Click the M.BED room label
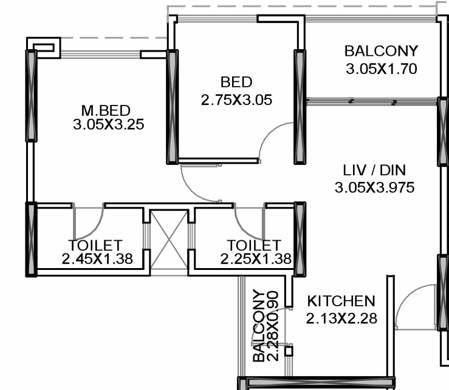(106, 110)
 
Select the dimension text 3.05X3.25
(108, 125)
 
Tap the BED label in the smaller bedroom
(236, 82)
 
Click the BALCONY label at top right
(381, 50)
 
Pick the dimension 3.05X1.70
(381, 69)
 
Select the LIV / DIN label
(374, 170)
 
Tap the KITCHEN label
(341, 301)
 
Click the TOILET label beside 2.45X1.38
(95, 245)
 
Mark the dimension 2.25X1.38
(256, 260)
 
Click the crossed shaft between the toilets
(169, 238)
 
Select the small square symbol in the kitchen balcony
(289, 351)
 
